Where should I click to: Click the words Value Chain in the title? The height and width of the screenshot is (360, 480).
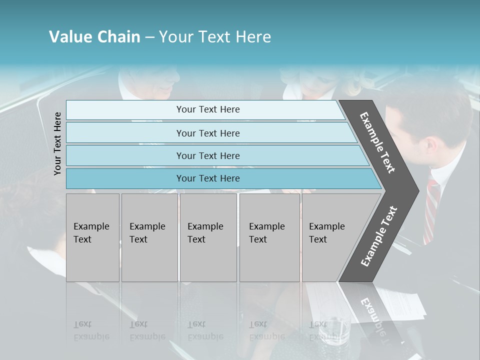click(94, 37)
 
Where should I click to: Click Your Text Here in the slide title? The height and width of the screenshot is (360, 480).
click(215, 37)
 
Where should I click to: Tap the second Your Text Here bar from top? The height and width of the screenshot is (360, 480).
click(207, 133)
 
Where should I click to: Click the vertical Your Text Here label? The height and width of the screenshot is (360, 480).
click(58, 143)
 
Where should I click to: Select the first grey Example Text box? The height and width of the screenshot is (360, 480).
click(92, 237)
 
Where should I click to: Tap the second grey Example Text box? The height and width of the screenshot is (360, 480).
click(149, 237)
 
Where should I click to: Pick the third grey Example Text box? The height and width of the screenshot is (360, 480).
click(208, 237)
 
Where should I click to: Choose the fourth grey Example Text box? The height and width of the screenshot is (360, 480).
click(269, 237)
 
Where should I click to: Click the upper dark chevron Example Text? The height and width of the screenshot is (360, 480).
click(377, 142)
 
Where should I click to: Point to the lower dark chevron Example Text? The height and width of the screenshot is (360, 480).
click(378, 236)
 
